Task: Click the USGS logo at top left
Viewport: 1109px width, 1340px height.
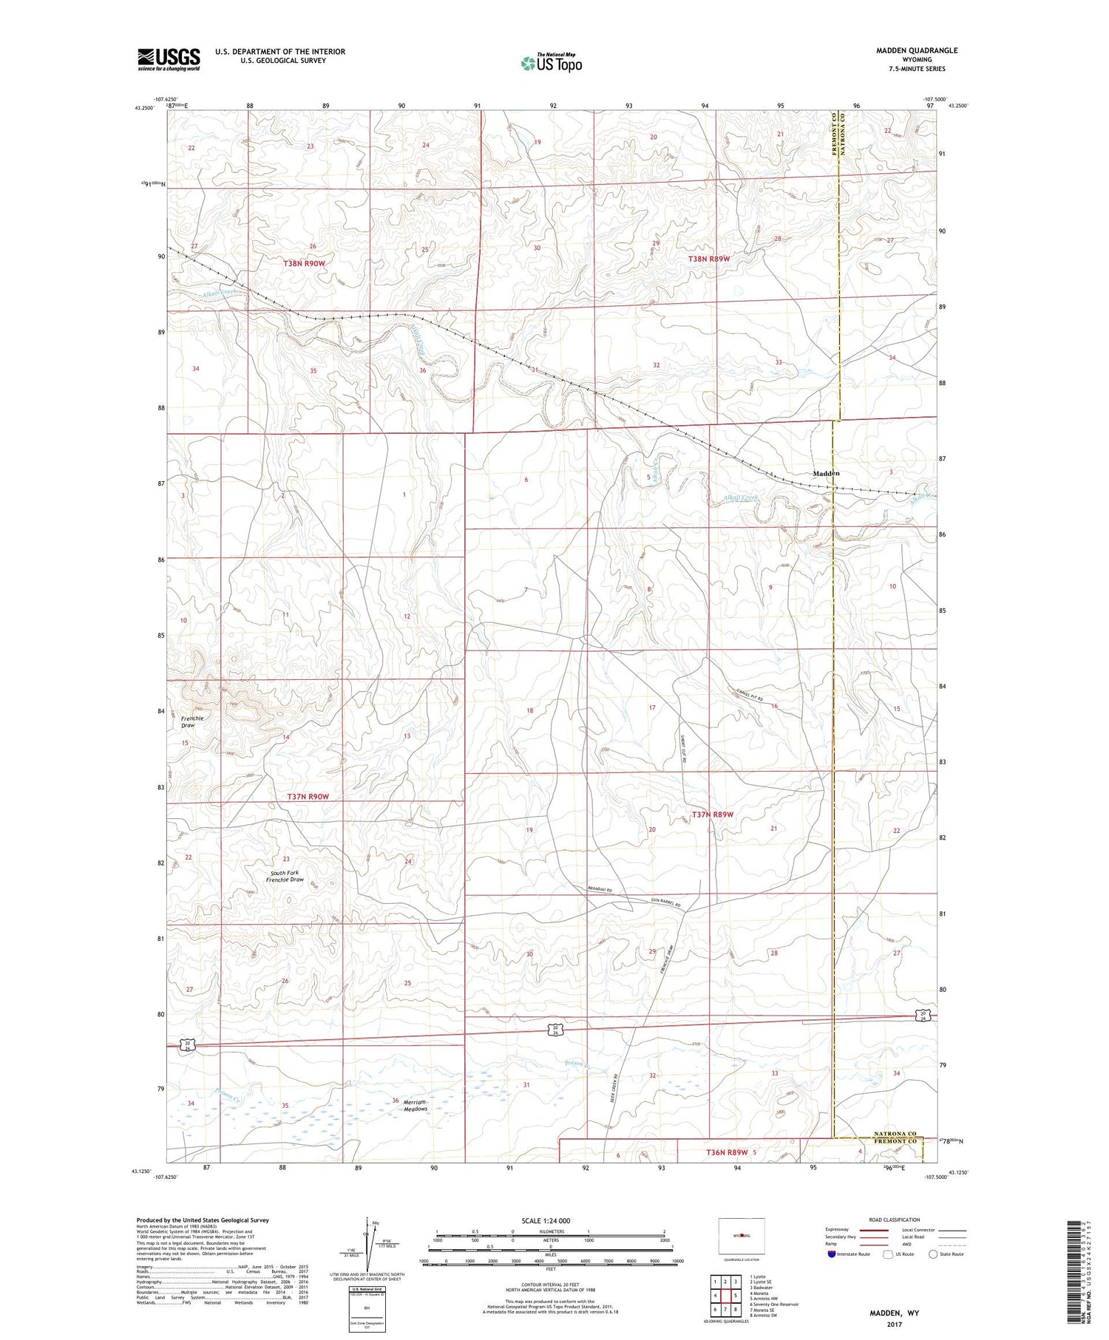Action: coord(169,59)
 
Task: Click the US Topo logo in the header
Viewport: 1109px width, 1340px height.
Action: coord(552,64)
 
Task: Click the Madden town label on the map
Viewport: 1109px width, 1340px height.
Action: coord(826,473)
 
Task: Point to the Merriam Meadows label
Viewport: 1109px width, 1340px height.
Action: coord(415,1105)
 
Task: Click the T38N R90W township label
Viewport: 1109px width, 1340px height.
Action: coord(304,263)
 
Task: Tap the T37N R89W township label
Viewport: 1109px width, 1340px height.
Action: coord(712,814)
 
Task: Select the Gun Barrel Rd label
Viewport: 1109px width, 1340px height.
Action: coord(665,904)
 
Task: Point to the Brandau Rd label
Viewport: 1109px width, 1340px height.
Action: coord(600,890)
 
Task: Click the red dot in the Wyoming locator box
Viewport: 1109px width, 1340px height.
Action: coord(740,1235)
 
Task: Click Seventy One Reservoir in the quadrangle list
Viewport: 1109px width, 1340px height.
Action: coord(774,1304)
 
